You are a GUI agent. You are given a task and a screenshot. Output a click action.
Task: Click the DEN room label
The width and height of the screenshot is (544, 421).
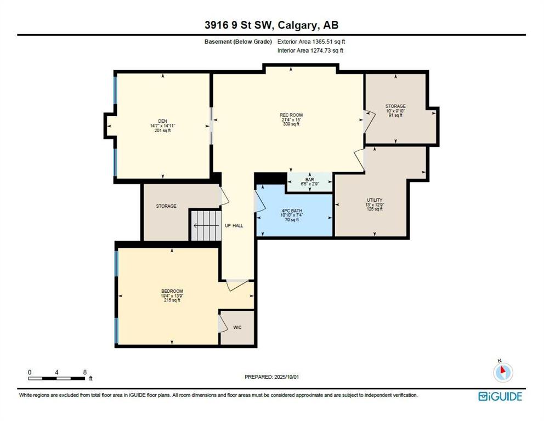coord(163,121)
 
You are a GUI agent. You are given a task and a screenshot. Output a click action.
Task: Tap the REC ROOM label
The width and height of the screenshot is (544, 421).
coord(291,115)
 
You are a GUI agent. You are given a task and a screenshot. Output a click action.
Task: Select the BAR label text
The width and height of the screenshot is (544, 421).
coord(309,180)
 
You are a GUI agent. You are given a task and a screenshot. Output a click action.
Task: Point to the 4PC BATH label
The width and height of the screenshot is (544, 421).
coord(292,210)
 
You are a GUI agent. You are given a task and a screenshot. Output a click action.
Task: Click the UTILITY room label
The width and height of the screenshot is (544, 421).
coord(375,200)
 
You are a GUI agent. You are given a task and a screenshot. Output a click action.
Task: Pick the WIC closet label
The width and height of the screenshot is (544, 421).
coord(237,327)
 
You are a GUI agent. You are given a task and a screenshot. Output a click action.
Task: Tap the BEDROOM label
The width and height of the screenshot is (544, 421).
coord(172,291)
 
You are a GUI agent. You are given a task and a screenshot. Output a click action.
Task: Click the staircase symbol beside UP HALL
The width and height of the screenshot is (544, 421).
coord(206,226)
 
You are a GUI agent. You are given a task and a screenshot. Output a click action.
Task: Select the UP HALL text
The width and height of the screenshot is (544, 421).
coord(234,226)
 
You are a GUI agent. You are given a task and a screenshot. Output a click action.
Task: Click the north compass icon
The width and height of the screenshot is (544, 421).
coord(503,372)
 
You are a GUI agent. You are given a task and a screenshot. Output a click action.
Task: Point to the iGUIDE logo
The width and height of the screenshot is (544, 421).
coord(500,396)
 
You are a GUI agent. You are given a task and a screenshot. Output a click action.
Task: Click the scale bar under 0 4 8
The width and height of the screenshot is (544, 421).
coord(56,378)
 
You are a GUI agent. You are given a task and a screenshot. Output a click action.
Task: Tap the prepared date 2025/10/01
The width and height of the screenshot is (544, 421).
coord(286,377)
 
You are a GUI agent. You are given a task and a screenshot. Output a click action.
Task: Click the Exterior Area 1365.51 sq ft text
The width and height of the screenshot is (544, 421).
coord(311,42)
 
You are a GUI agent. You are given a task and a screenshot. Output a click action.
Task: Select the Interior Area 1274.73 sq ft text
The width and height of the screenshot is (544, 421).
coord(310,50)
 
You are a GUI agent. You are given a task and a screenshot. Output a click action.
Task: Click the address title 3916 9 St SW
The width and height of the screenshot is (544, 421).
coord(240,25)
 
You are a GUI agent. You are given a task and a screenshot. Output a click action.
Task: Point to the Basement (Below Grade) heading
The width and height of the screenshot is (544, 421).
coord(238,42)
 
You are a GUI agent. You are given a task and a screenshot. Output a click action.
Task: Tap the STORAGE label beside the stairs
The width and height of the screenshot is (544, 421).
coord(166,206)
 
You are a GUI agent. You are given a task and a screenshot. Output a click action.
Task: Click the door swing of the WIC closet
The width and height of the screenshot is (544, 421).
coord(223,323)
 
